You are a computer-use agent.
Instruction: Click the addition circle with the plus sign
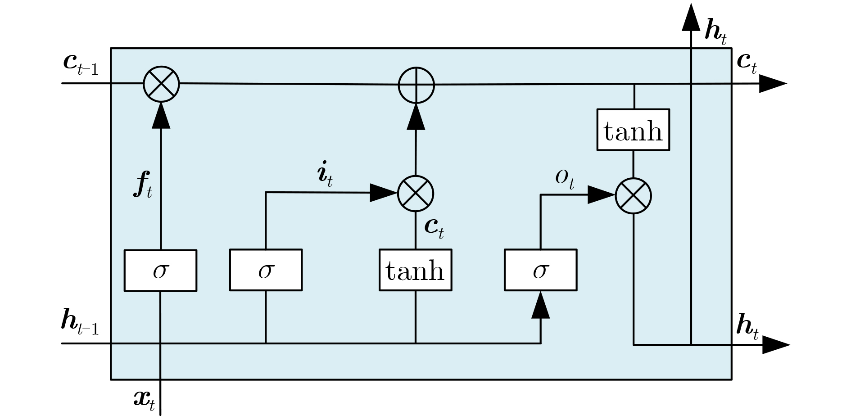[x=416, y=85]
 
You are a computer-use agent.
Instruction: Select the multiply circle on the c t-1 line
[x=161, y=84]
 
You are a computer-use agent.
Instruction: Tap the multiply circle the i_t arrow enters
[x=416, y=194]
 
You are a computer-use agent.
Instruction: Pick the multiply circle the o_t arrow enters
[x=634, y=196]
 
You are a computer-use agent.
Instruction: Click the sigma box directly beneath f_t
[x=160, y=271]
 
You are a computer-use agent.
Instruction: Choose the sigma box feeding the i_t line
[x=266, y=270]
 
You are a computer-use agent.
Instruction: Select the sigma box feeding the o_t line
[x=540, y=270]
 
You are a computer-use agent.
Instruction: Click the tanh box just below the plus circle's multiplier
[x=415, y=270]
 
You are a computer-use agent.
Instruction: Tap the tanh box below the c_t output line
[x=633, y=130]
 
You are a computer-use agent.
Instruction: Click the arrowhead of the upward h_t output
[x=691, y=18]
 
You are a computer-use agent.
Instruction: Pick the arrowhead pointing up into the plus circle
[x=416, y=117]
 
